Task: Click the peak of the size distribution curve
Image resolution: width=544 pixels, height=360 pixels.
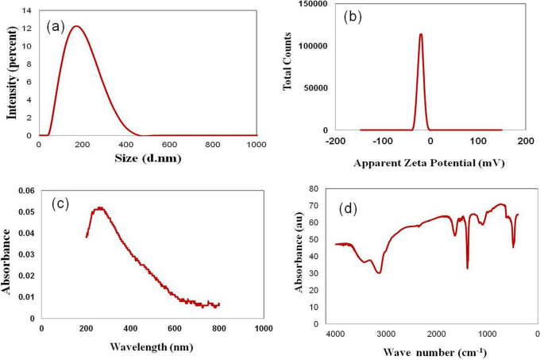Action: tap(76, 26)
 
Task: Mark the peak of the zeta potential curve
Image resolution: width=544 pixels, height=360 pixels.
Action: tap(421, 34)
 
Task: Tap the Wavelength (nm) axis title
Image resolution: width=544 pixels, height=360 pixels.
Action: tap(149, 346)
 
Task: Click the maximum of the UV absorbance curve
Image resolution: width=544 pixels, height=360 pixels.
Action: tap(99, 208)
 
